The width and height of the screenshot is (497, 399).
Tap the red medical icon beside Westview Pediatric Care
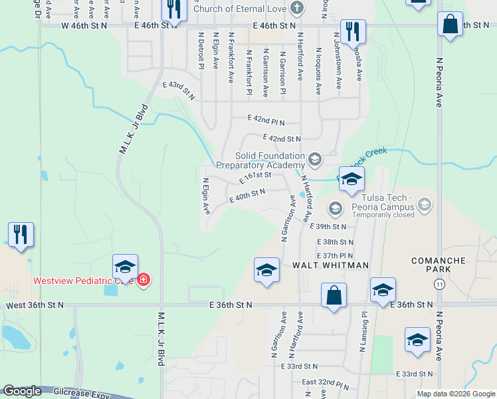click(144, 281)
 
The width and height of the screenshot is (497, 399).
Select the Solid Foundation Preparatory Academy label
click(260, 160)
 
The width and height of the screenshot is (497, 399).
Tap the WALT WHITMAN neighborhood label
click(331, 265)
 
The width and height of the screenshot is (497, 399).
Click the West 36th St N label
click(35, 305)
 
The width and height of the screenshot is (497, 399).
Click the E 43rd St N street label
click(179, 90)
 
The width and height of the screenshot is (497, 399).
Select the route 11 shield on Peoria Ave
click(439, 284)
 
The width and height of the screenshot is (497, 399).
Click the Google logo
click(22, 392)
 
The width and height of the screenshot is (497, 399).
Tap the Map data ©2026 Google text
click(455, 394)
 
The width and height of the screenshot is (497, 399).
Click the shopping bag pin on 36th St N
click(334, 295)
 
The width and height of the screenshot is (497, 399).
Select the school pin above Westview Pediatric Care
click(125, 267)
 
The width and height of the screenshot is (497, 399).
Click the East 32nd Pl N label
click(325, 384)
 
